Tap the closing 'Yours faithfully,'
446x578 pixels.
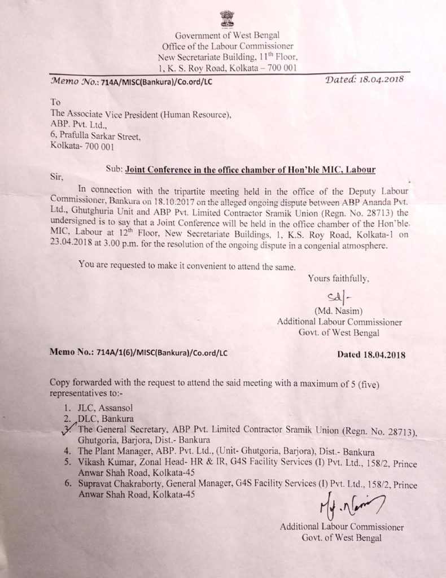tap(338, 278)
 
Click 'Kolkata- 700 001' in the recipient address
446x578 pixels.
tap(82, 147)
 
